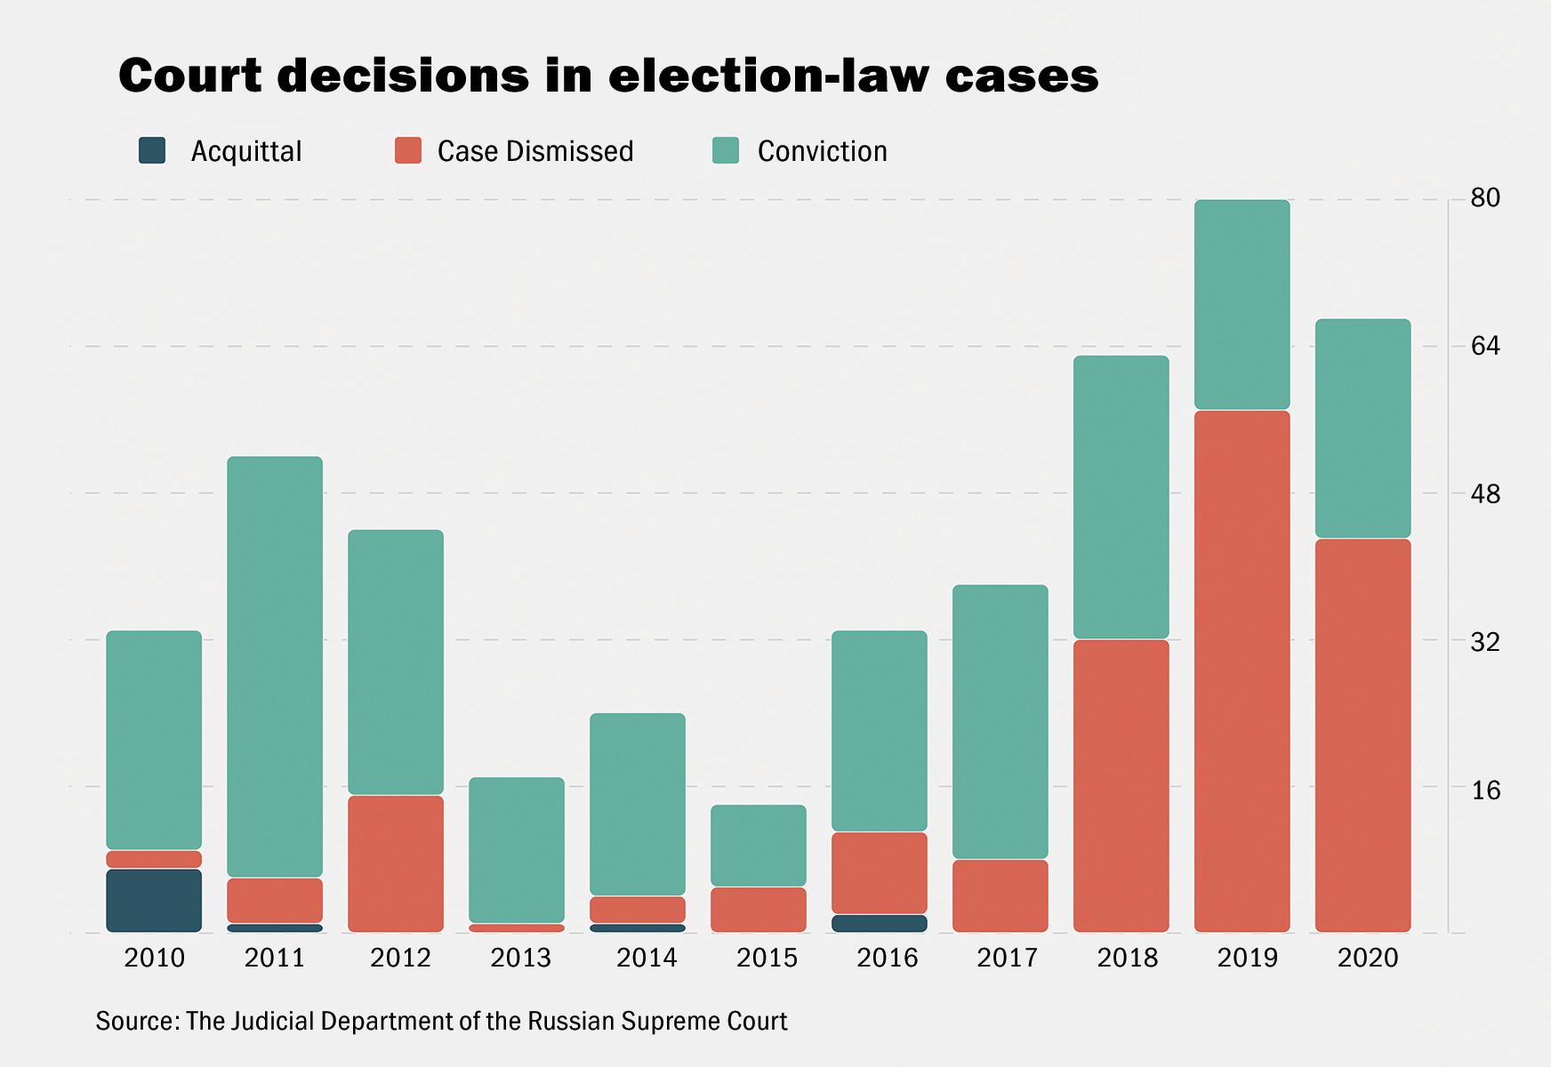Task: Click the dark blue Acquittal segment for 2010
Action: coord(154,900)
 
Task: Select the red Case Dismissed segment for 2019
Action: coord(1242,671)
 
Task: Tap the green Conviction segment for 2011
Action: coord(275,667)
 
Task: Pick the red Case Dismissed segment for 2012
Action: coord(396,863)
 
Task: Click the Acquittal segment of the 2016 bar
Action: coord(880,923)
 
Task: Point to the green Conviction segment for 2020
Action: coord(1362,429)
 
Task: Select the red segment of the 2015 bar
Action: coord(759,909)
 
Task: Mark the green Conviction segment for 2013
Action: coord(517,850)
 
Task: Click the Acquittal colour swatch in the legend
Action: coord(152,150)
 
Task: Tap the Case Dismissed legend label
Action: coord(535,151)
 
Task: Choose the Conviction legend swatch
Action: coord(726,150)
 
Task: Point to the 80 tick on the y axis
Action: coord(1484,197)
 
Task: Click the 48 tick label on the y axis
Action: coord(1484,493)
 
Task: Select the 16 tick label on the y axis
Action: coord(1484,790)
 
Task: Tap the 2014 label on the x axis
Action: coord(647,958)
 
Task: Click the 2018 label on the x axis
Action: coord(1128,958)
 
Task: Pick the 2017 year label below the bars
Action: coord(1008,958)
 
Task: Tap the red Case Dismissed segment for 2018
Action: coord(1121,785)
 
